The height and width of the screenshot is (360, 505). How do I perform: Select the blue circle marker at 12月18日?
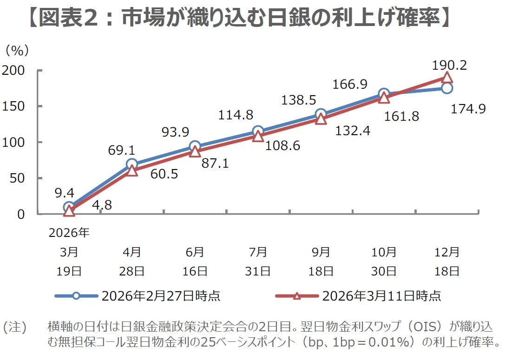point(446,88)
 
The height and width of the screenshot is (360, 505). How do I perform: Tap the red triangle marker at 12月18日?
point(446,78)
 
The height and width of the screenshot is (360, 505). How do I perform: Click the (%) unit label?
point(17,50)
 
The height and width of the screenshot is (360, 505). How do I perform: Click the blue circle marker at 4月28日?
point(132,164)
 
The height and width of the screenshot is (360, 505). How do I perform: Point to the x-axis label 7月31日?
point(257,262)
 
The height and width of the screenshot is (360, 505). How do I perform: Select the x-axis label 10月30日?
point(384,262)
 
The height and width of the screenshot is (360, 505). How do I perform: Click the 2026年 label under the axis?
point(69,233)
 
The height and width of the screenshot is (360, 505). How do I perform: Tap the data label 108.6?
point(282,146)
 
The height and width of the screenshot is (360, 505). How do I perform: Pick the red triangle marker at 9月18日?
point(321,119)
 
